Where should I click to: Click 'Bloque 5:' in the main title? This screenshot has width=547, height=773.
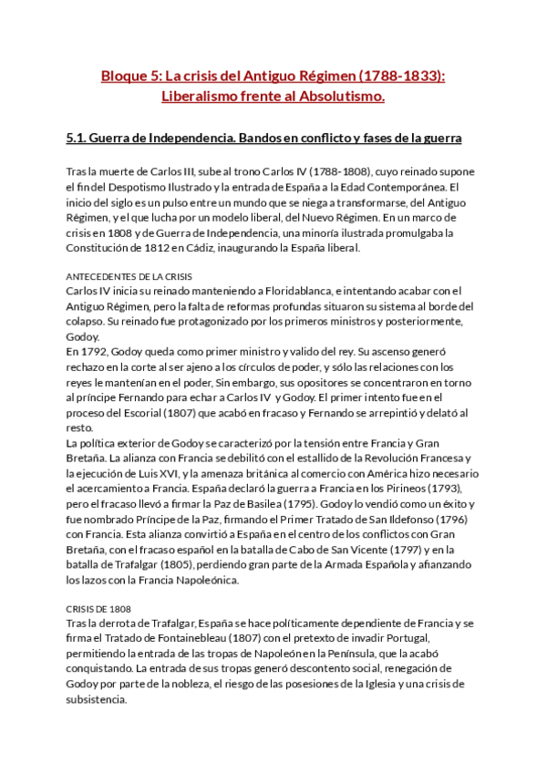pyautogui.click(x=131, y=78)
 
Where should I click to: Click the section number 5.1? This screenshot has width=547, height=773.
pyautogui.click(x=77, y=139)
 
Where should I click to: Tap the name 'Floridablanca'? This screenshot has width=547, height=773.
pyautogui.click(x=294, y=290)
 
